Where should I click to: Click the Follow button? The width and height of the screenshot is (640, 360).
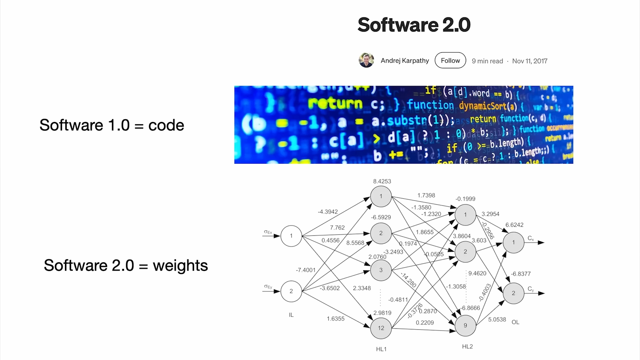pyautogui.click(x=450, y=60)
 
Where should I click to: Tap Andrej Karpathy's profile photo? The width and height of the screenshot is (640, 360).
pyautogui.click(x=366, y=60)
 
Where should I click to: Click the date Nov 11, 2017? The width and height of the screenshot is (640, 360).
pyautogui.click(x=530, y=61)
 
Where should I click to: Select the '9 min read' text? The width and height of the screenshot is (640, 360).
pyautogui.click(x=487, y=61)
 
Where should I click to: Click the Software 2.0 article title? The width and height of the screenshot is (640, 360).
pyautogui.click(x=414, y=25)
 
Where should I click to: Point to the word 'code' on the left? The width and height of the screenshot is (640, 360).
pyautogui.click(x=166, y=125)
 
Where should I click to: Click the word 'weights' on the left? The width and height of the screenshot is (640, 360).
pyautogui.click(x=180, y=266)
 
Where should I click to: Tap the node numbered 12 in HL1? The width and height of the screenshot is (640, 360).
pyautogui.click(x=381, y=328)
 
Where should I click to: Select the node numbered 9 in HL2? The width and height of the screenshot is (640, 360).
pyautogui.click(x=465, y=325)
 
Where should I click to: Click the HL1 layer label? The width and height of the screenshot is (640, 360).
pyautogui.click(x=381, y=349)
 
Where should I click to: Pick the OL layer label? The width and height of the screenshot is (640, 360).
pyautogui.click(x=515, y=322)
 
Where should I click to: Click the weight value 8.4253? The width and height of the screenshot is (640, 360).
pyautogui.click(x=382, y=181)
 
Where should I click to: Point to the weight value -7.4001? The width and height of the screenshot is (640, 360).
pyautogui.click(x=306, y=270)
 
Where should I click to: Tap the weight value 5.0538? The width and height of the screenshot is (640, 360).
pyautogui.click(x=497, y=319)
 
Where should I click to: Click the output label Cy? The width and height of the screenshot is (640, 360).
pyautogui.click(x=531, y=289)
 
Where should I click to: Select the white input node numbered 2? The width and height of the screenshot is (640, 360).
pyautogui.click(x=291, y=291)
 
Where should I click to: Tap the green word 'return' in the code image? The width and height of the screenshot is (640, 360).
pyautogui.click(x=335, y=104)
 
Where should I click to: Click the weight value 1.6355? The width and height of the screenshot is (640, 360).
pyautogui.click(x=335, y=319)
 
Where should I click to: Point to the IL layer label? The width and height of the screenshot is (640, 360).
pyautogui.click(x=291, y=315)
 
